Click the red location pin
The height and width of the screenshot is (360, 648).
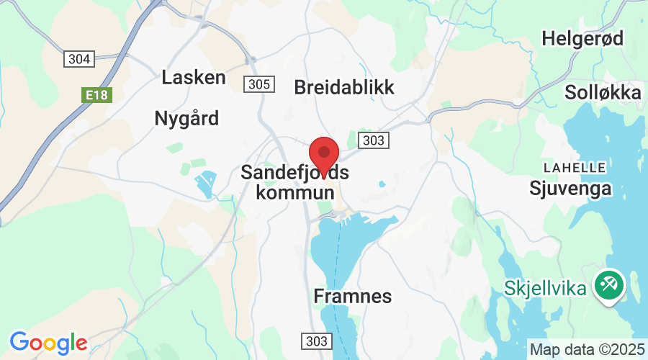pos(324,153)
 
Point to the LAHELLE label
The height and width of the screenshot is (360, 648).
pos(575,168)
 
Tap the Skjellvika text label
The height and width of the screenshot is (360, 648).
pos(544,287)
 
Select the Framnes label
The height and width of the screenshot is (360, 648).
pos(353,295)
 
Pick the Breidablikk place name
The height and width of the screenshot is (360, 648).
pos(344,87)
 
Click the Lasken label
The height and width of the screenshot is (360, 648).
pos(194,77)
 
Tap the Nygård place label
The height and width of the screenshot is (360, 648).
pos(186,118)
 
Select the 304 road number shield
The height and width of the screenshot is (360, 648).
pos(78,59)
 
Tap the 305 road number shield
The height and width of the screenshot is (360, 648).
pos(258,84)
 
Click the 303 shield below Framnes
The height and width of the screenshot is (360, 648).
pos(315,341)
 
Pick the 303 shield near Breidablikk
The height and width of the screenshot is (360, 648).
pos(374,140)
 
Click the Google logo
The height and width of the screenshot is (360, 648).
pos(48,342)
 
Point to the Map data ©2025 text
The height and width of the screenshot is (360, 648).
pos(587,349)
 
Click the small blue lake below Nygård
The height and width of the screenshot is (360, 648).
pos(205,184)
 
